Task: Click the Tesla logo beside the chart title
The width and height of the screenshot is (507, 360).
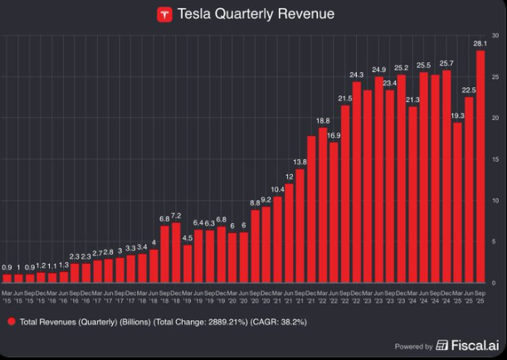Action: click(x=164, y=14)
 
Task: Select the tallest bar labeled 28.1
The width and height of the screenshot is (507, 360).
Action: click(x=480, y=166)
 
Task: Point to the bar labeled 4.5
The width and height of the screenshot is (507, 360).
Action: click(x=188, y=264)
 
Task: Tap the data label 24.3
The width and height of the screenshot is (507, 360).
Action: click(x=357, y=75)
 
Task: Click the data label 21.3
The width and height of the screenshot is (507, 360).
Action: click(x=412, y=100)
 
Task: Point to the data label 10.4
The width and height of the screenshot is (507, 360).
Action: click(x=278, y=190)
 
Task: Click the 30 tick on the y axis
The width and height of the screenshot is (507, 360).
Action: click(x=494, y=36)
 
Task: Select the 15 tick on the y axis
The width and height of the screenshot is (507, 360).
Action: click(x=494, y=159)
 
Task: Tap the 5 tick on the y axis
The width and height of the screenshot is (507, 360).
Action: click(x=494, y=241)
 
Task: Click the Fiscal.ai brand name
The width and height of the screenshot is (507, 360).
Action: click(x=472, y=345)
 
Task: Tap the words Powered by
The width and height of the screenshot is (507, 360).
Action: click(x=413, y=346)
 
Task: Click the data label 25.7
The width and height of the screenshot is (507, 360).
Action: click(x=446, y=64)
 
